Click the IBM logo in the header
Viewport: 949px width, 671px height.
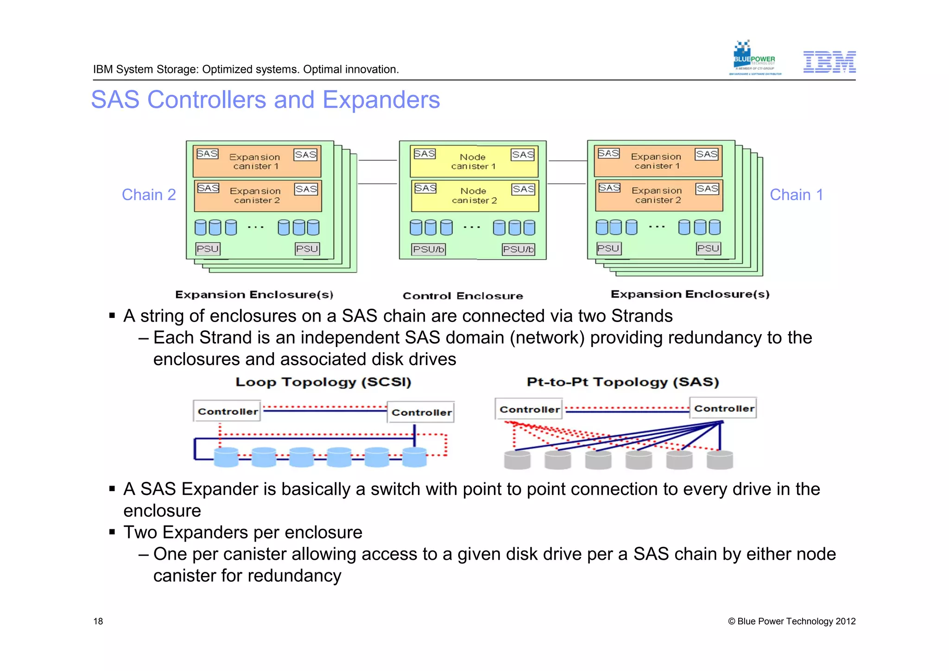pyautogui.click(x=829, y=62)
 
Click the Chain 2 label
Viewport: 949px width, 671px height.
pyautogui.click(x=149, y=195)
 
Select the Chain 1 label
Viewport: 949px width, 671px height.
pyautogui.click(x=796, y=195)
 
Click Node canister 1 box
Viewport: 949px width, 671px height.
pyautogui.click(x=474, y=161)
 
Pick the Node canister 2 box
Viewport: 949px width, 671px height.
pyautogui.click(x=474, y=195)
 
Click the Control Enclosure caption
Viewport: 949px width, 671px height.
pyautogui.click(x=462, y=296)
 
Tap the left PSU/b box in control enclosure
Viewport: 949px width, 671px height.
pyautogui.click(x=429, y=249)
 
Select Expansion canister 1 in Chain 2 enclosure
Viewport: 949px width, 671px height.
pyautogui.click(x=257, y=161)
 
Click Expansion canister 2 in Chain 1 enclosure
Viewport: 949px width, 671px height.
pyautogui.click(x=658, y=195)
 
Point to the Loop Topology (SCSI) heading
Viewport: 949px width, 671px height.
pyautogui.click(x=323, y=382)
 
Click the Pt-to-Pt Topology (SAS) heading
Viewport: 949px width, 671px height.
pyautogui.click(x=622, y=382)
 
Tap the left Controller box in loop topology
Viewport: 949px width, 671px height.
pyautogui.click(x=227, y=411)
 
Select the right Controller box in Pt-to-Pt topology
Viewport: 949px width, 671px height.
pyautogui.click(x=723, y=408)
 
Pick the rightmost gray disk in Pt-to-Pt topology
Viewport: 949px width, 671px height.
pyautogui.click(x=720, y=460)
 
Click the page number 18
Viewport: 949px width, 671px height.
pyautogui.click(x=98, y=621)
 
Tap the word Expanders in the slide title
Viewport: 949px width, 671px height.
pyautogui.click(x=381, y=100)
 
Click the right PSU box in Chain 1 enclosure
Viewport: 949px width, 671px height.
pyautogui.click(x=708, y=248)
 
